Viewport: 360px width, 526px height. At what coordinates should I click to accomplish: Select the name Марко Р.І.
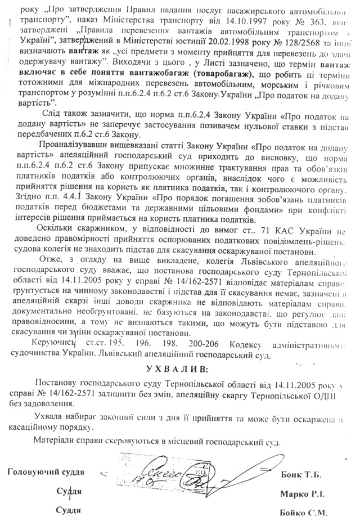click(303, 493)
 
